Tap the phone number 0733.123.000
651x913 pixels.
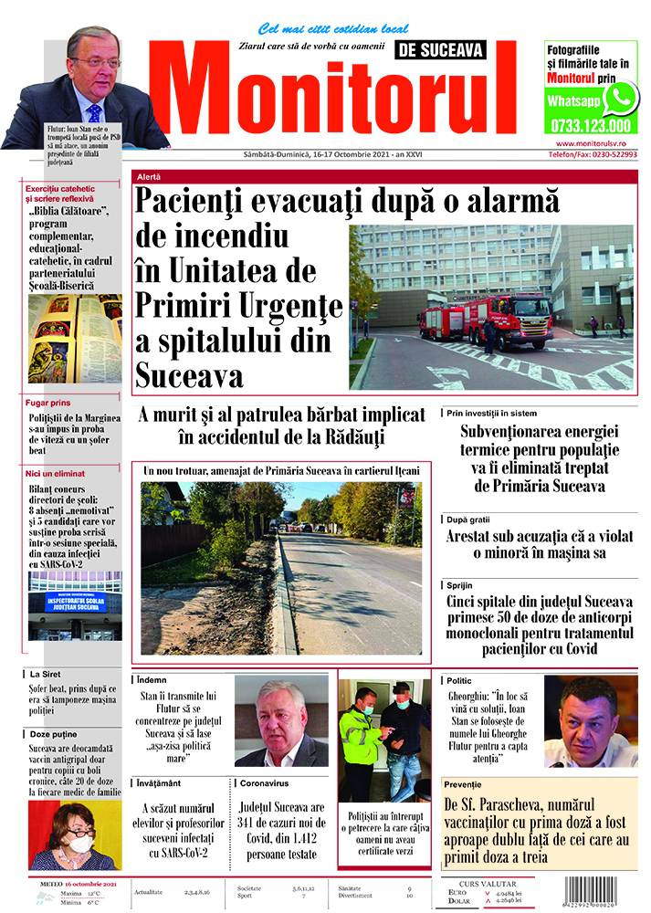591,126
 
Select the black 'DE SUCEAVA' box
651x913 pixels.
441,50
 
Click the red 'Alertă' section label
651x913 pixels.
148,175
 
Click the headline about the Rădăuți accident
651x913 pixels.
282,425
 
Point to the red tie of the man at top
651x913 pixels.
94,113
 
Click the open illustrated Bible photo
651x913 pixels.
74,339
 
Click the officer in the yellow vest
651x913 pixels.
361,740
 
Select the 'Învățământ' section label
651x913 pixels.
163,783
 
